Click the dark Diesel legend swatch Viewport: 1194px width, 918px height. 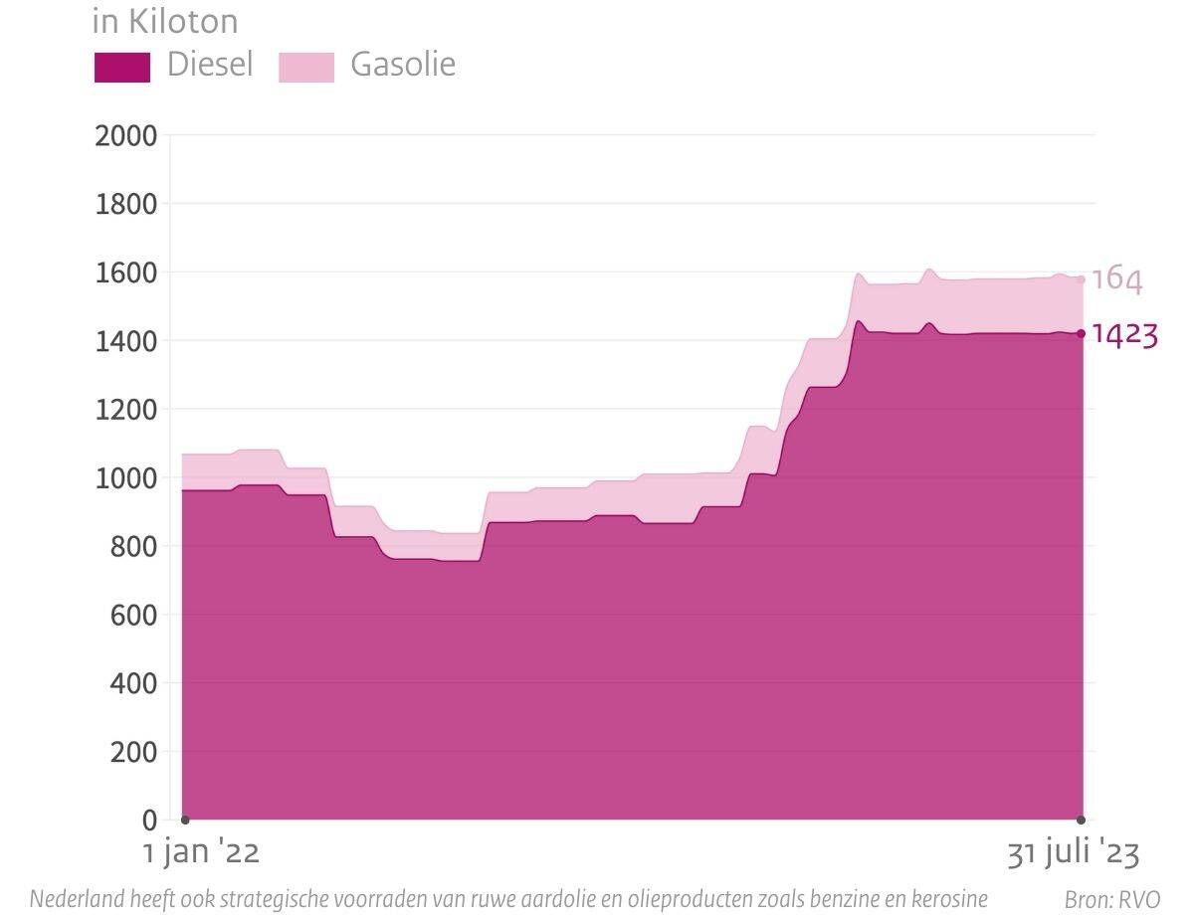pyautogui.click(x=121, y=67)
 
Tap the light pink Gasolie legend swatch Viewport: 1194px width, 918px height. pyautogui.click(x=305, y=67)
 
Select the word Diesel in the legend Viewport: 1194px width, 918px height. pyautogui.click(x=210, y=65)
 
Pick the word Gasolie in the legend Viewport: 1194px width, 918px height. pyautogui.click(x=403, y=65)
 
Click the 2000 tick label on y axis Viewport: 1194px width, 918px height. pyautogui.click(x=125, y=135)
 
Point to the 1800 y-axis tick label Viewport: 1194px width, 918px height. pyautogui.click(x=125, y=204)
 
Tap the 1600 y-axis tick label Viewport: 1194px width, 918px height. pyautogui.click(x=125, y=273)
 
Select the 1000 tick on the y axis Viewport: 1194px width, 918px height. pyautogui.click(x=125, y=478)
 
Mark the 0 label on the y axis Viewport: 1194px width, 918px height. pyautogui.click(x=149, y=821)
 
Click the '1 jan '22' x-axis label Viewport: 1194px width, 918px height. pyautogui.click(x=201, y=853)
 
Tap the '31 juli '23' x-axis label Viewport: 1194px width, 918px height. pyautogui.click(x=1073, y=853)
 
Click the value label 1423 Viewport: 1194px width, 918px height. pyautogui.click(x=1124, y=335)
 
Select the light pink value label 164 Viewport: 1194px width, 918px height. pyautogui.click(x=1116, y=279)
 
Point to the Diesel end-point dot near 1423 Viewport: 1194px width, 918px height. pyautogui.click(x=1082, y=333)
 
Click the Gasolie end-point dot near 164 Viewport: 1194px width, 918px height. pyautogui.click(x=1082, y=279)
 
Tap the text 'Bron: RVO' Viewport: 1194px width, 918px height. pyautogui.click(x=1111, y=900)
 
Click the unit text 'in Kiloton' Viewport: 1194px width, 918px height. pyautogui.click(x=165, y=21)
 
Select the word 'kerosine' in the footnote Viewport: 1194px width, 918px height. pyautogui.click(x=948, y=899)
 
